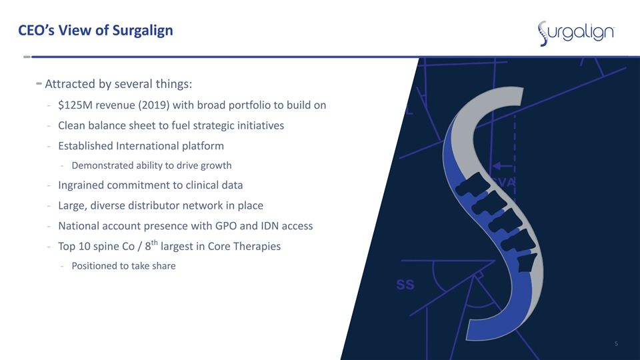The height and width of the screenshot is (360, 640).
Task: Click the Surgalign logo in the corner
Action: tap(576, 33)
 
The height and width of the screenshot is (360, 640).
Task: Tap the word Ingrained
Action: tap(81, 185)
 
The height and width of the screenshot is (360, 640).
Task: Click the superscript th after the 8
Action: tap(154, 243)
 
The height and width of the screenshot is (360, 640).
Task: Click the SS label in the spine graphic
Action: tap(405, 285)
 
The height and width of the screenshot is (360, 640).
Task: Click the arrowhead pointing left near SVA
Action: tap(496, 166)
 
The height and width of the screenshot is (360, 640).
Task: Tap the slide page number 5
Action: tap(616, 344)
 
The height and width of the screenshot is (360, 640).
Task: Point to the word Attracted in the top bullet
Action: tap(70, 84)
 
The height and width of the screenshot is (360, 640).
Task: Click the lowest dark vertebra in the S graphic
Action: tap(527, 262)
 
